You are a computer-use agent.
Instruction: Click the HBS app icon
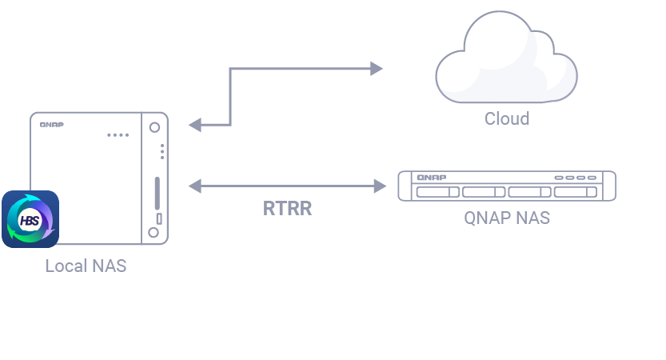30,219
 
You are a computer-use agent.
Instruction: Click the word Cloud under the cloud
507,119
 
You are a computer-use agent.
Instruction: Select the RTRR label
287,210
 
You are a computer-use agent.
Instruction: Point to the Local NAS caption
86,266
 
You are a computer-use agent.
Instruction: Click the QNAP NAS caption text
507,218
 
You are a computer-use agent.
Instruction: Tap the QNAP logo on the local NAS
52,124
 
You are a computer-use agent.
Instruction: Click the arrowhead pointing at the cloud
377,69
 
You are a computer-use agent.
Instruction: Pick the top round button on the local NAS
154,126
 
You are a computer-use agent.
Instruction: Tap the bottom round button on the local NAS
154,233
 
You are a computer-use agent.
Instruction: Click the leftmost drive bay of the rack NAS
437,192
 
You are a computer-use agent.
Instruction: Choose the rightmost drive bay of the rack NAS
576,192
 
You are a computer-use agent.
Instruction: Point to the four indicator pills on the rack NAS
574,177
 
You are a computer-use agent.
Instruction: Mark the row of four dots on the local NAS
118,134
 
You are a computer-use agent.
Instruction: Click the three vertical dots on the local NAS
162,150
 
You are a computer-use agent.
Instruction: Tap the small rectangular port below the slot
158,218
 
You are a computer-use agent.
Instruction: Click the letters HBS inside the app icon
29,218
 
